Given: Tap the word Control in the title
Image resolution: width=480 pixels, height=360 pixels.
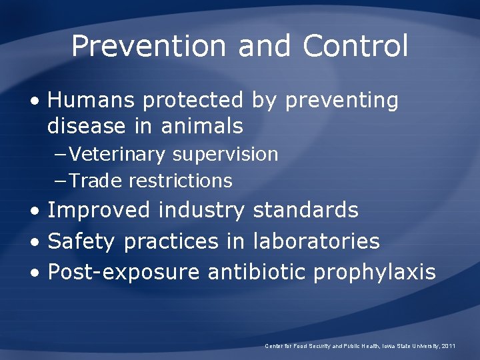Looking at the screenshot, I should (x=355, y=46).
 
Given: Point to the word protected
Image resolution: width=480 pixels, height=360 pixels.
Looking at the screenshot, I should (x=193, y=101).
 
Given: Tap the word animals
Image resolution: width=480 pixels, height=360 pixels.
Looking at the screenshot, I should (x=201, y=125).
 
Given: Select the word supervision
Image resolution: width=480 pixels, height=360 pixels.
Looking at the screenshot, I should (x=225, y=155).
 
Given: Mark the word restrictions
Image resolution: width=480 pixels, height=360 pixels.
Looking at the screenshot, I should (x=181, y=181).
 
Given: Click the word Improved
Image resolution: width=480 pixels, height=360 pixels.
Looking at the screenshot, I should (x=99, y=211).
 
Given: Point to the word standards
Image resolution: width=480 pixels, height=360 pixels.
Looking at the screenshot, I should (x=306, y=211).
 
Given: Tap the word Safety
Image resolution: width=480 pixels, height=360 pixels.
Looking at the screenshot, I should (x=82, y=242).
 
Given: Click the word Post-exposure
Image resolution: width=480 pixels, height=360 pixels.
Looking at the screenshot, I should (x=124, y=273).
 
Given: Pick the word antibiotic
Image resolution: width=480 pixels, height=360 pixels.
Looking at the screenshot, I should (x=257, y=272).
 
